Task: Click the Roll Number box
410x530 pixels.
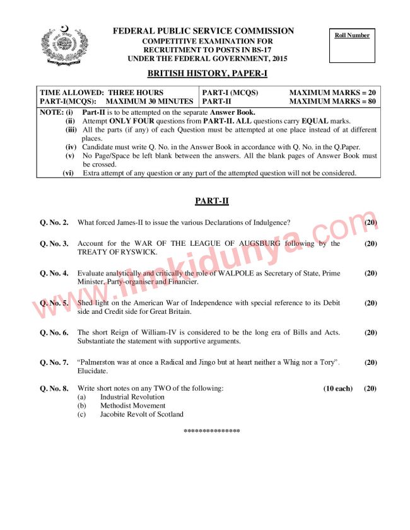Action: coord(352,45)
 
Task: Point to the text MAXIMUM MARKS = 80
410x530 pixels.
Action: coord(332,101)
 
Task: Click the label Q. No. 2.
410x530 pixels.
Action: coord(54,222)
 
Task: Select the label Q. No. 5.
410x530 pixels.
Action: coord(54,303)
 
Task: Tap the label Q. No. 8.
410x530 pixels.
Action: coord(54,389)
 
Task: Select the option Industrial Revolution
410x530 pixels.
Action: coord(132,397)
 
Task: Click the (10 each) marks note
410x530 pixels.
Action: coord(338,389)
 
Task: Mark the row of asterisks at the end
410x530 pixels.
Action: coord(211,431)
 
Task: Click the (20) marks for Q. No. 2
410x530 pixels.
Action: coord(371,222)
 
